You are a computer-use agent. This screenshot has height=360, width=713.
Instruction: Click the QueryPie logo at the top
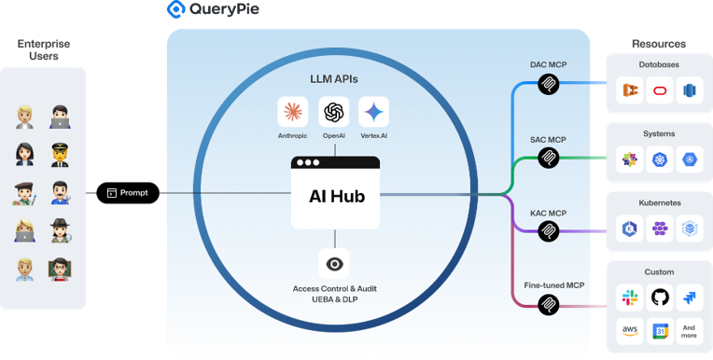212,10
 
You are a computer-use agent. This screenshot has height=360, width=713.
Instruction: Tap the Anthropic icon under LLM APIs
293,112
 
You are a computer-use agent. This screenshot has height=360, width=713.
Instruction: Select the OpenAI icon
334,112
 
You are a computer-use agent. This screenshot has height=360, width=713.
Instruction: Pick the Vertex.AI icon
373,112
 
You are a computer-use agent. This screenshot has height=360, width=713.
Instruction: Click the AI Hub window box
335,193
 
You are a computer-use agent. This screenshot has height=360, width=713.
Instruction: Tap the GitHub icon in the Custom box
659,298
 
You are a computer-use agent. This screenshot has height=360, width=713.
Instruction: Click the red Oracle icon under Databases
659,91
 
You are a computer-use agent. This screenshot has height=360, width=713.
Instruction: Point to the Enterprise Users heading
42,50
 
